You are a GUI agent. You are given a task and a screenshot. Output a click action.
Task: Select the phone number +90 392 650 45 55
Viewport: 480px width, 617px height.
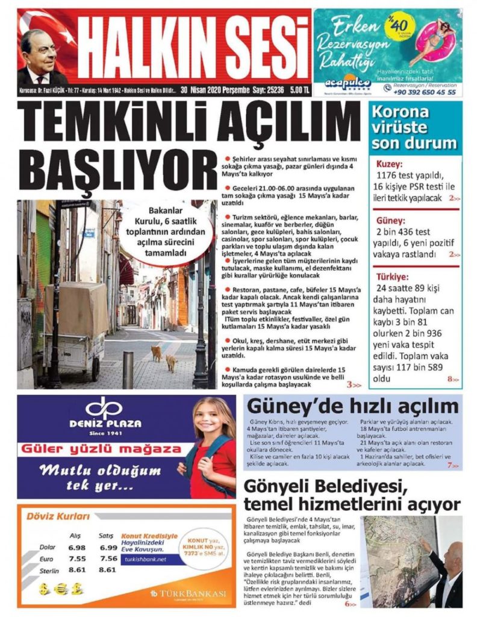(x=424, y=93)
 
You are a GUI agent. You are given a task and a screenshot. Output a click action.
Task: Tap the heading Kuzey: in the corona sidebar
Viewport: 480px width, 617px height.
(x=389, y=164)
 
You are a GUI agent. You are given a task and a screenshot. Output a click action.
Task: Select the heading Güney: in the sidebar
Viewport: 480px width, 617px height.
(x=390, y=221)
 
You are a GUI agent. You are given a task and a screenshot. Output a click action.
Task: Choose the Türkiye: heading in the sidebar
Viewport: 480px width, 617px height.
(x=392, y=277)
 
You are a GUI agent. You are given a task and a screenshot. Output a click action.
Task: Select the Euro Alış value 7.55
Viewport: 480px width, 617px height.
(x=76, y=559)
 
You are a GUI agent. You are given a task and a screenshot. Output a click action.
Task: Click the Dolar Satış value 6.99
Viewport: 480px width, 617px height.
(x=108, y=548)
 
